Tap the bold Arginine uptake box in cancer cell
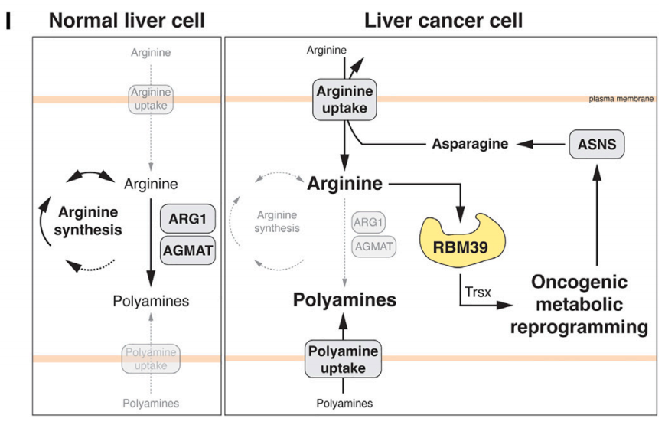[x=346, y=100]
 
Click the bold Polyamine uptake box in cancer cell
[x=343, y=359]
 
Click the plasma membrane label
[x=621, y=100]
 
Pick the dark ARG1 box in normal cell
[x=187, y=220]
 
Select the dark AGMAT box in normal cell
[x=187, y=248]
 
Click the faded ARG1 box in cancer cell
[x=369, y=222]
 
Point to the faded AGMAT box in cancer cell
[x=373, y=247]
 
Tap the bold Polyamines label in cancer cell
[x=345, y=299]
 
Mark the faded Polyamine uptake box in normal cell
[x=151, y=359]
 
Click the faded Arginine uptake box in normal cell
[x=151, y=100]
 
